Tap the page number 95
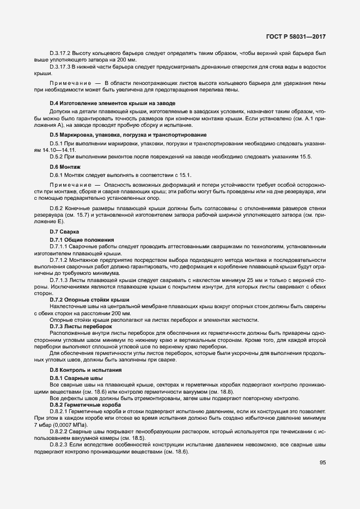[x=323, y=463]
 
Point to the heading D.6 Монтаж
[x=65, y=166]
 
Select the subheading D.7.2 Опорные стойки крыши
[x=89, y=299]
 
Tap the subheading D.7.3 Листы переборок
[x=81, y=326]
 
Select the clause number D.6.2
[x=56, y=209]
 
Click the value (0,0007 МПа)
[x=63, y=424]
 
